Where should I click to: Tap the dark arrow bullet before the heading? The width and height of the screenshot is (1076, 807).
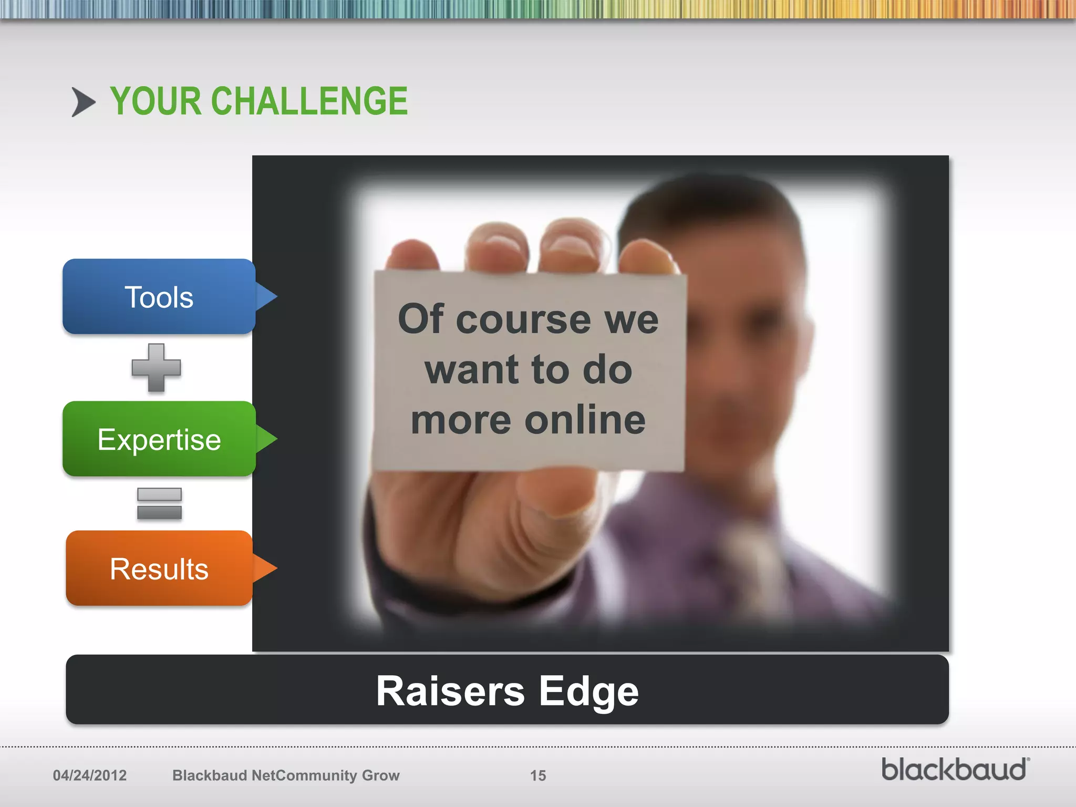point(83,102)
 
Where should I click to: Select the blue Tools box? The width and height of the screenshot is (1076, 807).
point(159,297)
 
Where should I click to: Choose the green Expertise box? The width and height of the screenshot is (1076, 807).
point(159,439)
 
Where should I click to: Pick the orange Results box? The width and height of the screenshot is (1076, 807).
point(159,568)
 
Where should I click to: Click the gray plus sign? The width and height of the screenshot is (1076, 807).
point(156,368)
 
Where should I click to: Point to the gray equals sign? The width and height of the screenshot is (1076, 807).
point(159,503)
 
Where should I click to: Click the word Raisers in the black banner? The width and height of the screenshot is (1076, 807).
point(450,691)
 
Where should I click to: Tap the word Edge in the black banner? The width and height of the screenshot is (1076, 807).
point(588,691)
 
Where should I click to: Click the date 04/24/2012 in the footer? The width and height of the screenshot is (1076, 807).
point(90,775)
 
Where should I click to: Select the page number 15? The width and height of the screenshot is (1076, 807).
point(538,775)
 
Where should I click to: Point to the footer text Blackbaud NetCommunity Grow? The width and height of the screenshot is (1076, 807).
point(286,775)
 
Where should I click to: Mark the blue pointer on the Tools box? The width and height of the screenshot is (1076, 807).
point(266,297)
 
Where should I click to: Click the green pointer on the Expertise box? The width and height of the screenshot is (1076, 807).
point(266,439)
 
